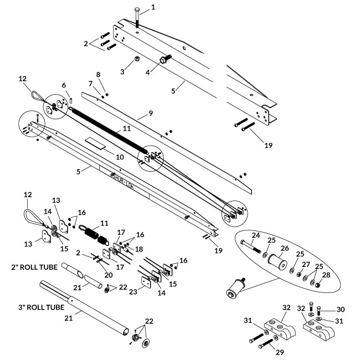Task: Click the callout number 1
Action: tap(153, 8)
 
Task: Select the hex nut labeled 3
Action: tap(136, 59)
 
